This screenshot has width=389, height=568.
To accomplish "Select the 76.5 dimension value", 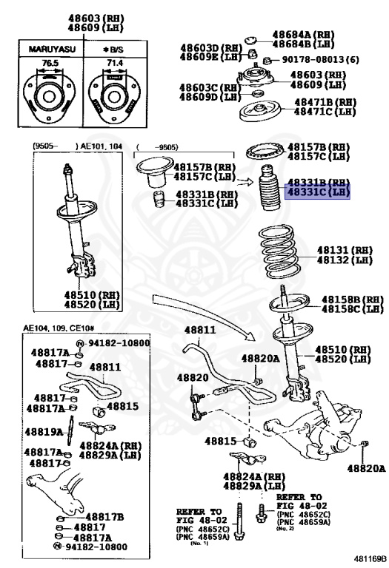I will (49, 64).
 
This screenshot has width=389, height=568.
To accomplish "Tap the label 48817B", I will (104, 516).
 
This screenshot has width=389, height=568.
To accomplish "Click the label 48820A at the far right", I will (368, 468).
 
